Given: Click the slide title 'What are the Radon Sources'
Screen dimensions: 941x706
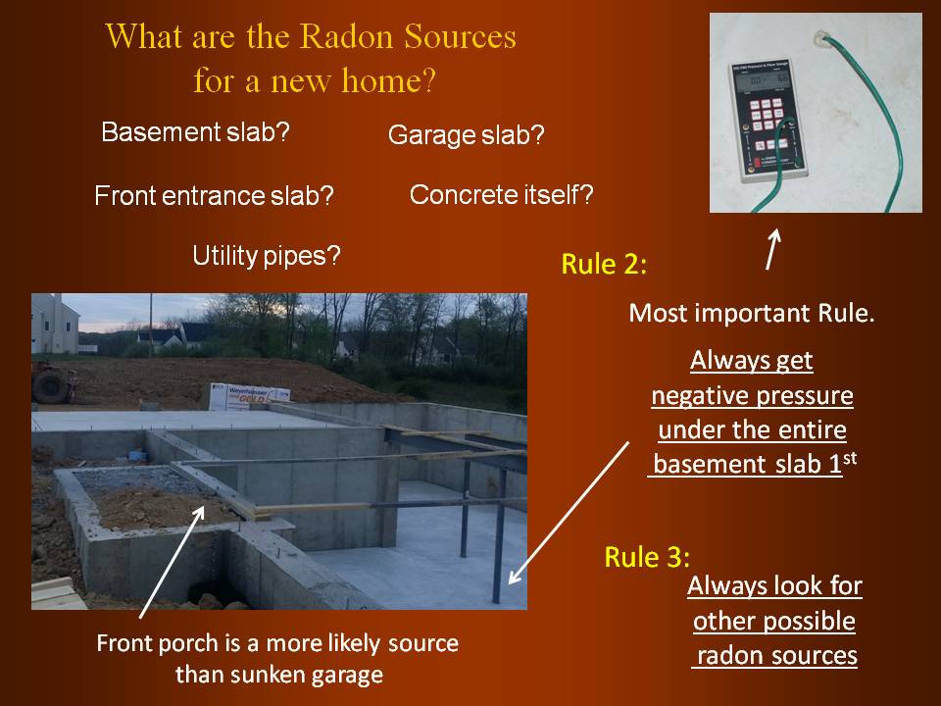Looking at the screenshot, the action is (311, 36).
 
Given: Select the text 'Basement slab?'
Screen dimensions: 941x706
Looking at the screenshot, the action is (196, 132).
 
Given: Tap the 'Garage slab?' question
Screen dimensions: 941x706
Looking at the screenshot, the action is (467, 135).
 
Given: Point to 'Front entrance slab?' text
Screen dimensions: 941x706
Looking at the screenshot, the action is (215, 196).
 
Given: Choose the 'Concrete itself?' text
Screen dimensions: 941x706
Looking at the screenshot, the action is (501, 194).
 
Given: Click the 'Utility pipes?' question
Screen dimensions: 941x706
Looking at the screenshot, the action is (267, 256).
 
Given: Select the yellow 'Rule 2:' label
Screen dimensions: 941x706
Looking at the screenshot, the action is (604, 264).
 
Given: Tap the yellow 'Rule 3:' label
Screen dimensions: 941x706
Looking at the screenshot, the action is (647, 557).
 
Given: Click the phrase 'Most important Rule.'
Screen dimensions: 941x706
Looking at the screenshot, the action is (752, 313).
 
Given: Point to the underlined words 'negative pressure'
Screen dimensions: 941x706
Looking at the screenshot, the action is (753, 395).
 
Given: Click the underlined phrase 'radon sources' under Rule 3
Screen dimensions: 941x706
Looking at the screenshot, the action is (777, 656).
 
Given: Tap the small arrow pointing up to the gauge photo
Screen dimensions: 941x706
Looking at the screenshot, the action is (773, 249).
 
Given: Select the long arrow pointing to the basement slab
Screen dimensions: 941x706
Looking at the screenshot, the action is (569, 513).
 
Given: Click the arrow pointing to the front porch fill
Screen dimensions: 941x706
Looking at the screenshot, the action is (173, 562).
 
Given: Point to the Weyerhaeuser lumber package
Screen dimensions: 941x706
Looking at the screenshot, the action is (249, 396).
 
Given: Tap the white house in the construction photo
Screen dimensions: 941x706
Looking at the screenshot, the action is (55, 325).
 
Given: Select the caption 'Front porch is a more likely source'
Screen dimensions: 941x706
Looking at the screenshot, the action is (277, 643).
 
